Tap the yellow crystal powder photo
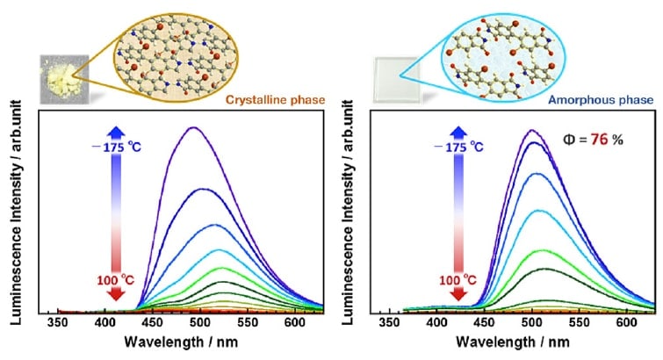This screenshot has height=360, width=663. (x=61, y=76)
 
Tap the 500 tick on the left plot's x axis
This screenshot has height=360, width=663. (x=200, y=325)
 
